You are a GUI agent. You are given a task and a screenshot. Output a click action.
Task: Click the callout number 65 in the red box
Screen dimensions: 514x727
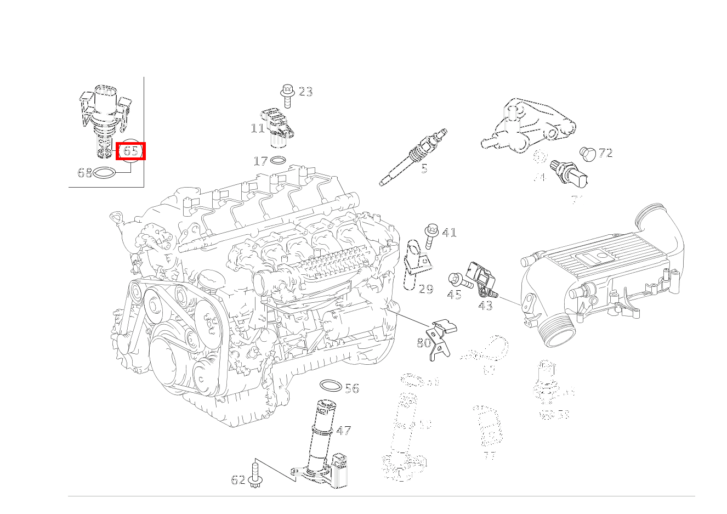[130, 150]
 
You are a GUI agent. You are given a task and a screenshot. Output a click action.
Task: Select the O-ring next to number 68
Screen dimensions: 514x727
[105, 173]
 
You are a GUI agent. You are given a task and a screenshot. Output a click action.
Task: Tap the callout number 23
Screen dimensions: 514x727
[305, 92]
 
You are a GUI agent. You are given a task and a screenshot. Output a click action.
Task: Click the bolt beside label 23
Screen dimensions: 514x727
[287, 95]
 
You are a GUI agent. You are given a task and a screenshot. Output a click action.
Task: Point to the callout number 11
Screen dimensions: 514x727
[258, 128]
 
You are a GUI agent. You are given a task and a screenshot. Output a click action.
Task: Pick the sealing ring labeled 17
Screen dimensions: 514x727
[279, 161]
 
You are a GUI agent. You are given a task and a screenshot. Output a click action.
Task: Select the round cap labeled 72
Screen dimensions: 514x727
[587, 154]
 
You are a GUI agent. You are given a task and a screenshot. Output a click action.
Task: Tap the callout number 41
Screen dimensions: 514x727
[449, 233]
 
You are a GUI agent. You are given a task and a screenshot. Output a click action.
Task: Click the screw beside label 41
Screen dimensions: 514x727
[431, 235]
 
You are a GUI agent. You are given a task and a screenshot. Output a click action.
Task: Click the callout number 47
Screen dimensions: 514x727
[343, 431]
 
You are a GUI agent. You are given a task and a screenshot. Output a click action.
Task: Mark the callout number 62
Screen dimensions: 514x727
[238, 480]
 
